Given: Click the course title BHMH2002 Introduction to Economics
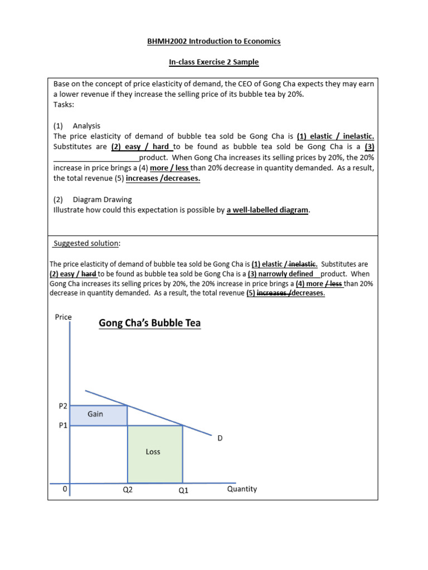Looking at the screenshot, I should (x=214, y=41).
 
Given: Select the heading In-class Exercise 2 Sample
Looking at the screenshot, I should (x=214, y=62).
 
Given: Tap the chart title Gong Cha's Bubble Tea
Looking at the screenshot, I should (x=149, y=323).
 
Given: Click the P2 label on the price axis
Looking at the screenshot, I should (x=63, y=407).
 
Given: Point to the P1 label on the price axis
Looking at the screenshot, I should (x=63, y=426).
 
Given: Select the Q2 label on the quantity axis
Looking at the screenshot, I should (x=128, y=490).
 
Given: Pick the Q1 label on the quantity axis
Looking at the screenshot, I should (x=183, y=490).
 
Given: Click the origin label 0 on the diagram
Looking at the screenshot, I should (x=65, y=489).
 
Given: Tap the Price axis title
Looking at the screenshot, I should (x=64, y=317).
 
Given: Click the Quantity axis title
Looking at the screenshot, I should (x=242, y=489).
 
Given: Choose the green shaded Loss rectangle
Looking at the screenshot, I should (x=155, y=454).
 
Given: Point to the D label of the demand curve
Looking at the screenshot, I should (x=220, y=438).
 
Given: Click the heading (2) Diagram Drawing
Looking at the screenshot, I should (x=93, y=199).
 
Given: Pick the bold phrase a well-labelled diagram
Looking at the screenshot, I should (x=267, y=210).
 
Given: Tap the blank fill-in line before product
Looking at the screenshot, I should (x=96, y=157).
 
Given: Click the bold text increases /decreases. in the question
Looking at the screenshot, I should (x=163, y=178).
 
